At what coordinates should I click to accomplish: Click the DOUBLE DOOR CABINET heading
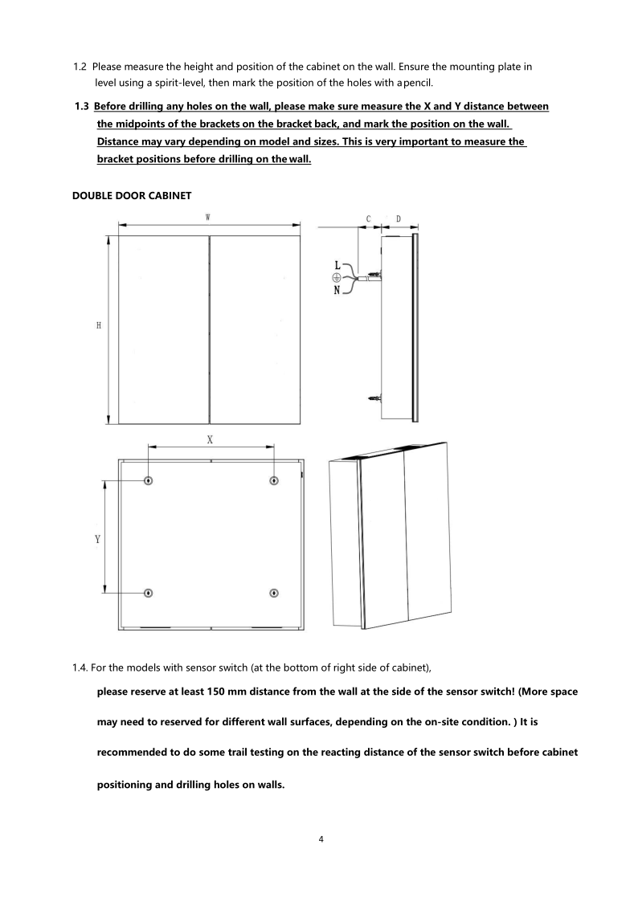click(132, 195)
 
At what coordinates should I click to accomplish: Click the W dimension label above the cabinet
click(208, 217)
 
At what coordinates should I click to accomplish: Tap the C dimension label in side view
click(368, 218)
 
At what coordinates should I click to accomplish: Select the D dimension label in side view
click(399, 218)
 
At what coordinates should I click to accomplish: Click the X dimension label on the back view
click(210, 439)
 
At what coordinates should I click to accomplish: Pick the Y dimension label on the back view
click(97, 540)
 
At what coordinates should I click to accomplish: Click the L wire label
click(338, 264)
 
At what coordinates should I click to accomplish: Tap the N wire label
click(338, 291)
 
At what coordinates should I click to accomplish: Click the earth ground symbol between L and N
click(337, 277)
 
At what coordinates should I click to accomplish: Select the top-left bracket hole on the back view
click(149, 480)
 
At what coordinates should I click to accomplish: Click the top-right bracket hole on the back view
click(274, 480)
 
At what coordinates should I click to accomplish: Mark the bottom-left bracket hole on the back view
click(149, 593)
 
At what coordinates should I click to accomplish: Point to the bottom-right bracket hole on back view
click(274, 593)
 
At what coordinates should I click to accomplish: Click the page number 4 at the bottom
click(321, 840)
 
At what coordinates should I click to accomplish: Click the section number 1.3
click(82, 107)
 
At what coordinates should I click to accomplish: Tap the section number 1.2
click(80, 67)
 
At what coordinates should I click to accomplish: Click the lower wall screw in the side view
click(373, 398)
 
